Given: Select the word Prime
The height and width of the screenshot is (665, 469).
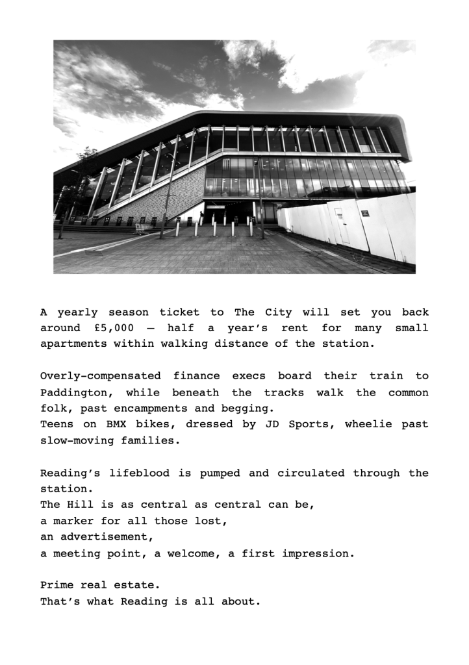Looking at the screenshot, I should (x=57, y=585).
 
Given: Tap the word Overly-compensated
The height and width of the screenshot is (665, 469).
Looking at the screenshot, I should (x=100, y=376).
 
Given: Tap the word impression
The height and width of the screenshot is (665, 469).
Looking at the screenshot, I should (x=318, y=553).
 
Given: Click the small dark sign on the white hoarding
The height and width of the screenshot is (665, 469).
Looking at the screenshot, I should (x=366, y=212).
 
